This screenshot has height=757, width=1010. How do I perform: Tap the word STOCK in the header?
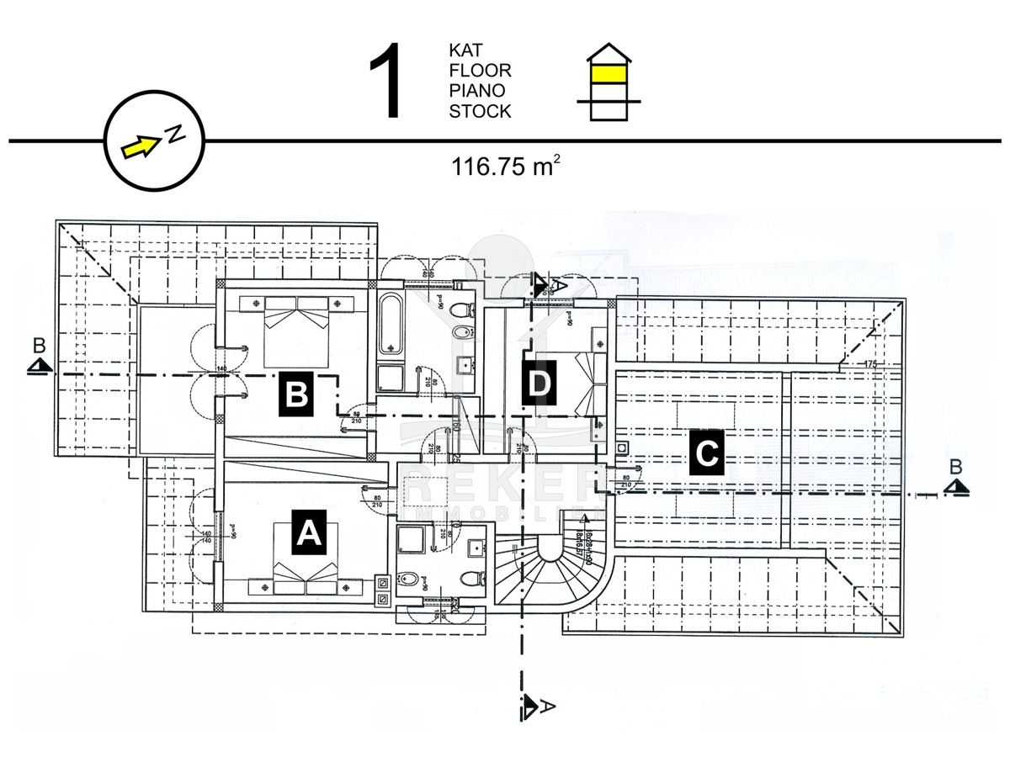[x=480, y=111]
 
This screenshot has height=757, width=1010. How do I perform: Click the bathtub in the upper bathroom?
[x=391, y=324]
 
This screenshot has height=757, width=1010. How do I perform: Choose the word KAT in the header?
[x=465, y=50]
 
